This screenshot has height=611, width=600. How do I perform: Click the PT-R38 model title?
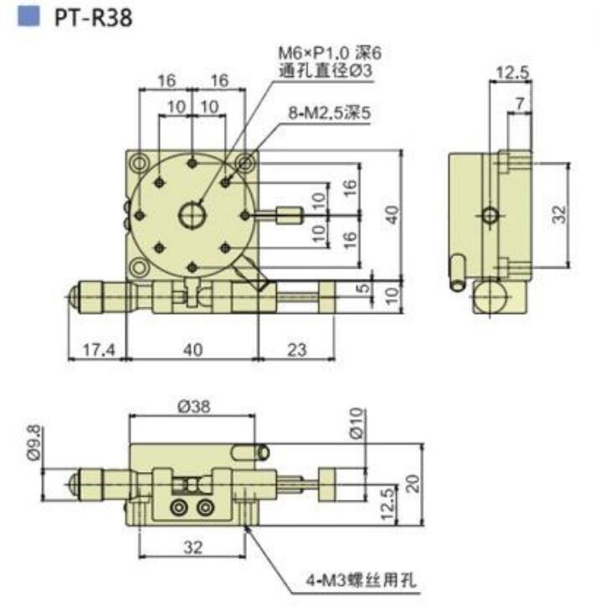tap(94, 18)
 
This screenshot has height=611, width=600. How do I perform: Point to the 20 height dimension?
tap(411, 484)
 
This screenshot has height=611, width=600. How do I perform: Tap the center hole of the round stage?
tap(193, 215)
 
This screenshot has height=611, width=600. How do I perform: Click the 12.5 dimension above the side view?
tap(512, 73)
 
